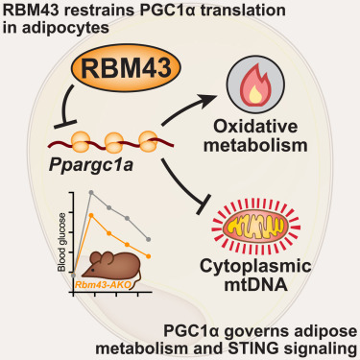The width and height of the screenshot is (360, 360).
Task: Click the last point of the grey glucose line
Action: tap(147, 238)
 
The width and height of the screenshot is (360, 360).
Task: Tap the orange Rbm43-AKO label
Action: tap(102, 285)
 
